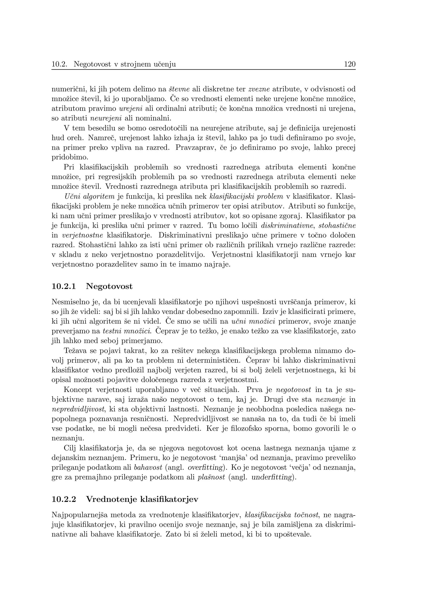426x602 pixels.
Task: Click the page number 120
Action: pyautogui.click(x=350, y=64)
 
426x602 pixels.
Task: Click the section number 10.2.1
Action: pyautogui.click(x=64, y=286)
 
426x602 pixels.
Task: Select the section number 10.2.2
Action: pyautogui.click(x=64, y=499)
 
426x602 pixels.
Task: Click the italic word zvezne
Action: pyautogui.click(x=259, y=89)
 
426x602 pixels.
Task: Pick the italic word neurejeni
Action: pyautogui.click(x=106, y=118)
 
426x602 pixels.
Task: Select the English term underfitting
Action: pyautogui.click(x=272, y=477)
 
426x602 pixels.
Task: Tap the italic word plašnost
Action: pyautogui.click(x=212, y=477)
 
